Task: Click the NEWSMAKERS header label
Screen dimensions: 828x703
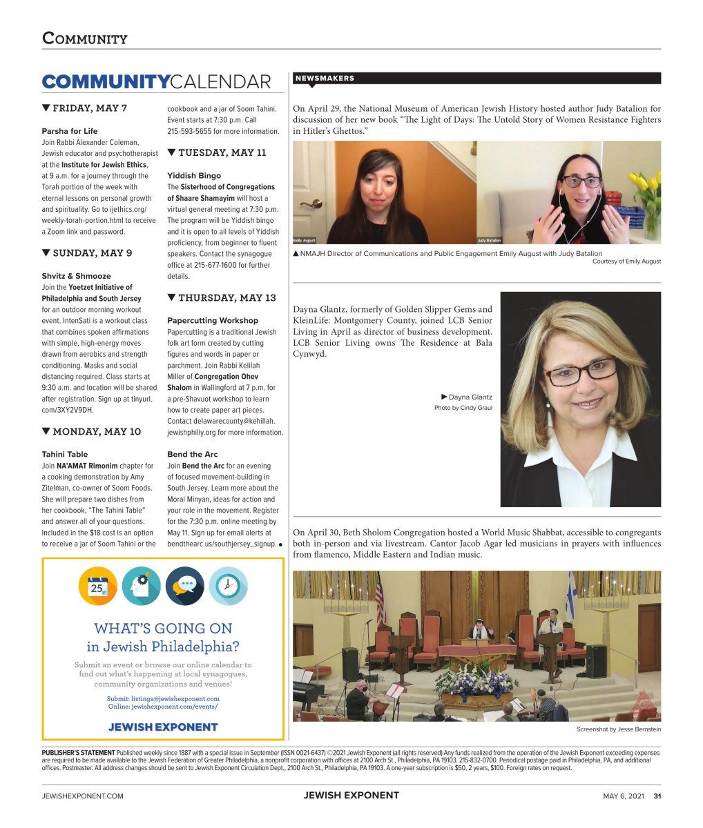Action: pos(325,79)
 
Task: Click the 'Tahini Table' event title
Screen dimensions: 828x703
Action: pos(65,454)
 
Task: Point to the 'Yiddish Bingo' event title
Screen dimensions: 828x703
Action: pos(194,175)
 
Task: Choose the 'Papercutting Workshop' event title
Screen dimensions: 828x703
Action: pos(213,320)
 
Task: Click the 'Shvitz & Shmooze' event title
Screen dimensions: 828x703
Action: pos(76,276)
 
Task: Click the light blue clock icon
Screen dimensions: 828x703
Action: pos(228,586)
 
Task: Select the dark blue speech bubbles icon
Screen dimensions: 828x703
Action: pos(184,586)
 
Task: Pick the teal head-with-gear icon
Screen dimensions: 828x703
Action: pos(142,586)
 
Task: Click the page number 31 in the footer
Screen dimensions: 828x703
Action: pos(657,796)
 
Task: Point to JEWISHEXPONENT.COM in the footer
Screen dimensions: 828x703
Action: pos(82,796)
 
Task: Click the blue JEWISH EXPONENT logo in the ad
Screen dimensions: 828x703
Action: pos(163,727)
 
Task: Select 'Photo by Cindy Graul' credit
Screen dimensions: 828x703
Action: pos(463,408)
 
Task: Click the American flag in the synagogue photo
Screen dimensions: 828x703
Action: pos(379,598)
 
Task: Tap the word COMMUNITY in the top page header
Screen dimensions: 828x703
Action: pos(85,38)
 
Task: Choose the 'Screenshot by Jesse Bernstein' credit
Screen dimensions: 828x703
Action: pos(618,729)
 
